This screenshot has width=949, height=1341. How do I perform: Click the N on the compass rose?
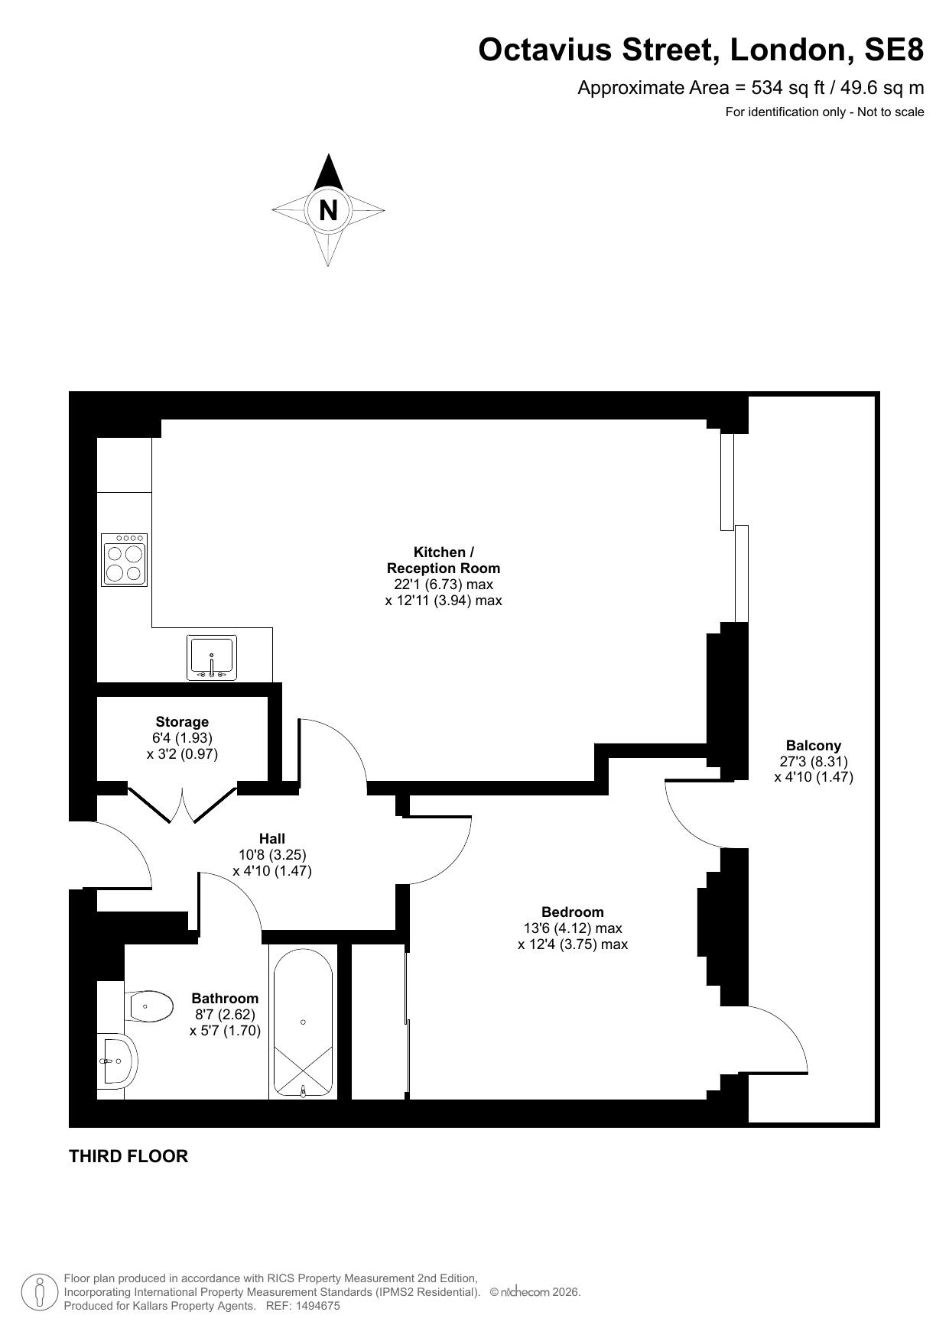pos(328,209)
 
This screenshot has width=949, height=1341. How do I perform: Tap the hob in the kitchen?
pos(124,560)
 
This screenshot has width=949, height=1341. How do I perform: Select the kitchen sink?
pos(212,657)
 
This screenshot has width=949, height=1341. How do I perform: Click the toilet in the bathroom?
pos(151,1006)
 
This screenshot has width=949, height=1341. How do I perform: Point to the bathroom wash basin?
pos(118,1061)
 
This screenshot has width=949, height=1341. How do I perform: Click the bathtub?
pos(303,1022)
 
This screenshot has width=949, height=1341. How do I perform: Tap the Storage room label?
pos(182,721)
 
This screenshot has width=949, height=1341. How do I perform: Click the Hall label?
pos(272,838)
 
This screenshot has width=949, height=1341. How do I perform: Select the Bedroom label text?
pos(573,912)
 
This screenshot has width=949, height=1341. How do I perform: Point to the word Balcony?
pos(814,745)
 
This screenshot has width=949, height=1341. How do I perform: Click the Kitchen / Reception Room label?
pos(444,560)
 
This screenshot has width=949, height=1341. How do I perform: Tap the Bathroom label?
pos(225,998)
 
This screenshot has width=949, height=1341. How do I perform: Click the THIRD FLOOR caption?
pos(128,1156)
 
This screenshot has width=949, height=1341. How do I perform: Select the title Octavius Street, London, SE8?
pos(701,50)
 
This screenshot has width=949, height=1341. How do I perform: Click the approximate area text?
pos(751,88)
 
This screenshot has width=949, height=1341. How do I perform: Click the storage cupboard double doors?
pos(182,804)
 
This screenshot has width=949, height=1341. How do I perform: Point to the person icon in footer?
pos(41,1292)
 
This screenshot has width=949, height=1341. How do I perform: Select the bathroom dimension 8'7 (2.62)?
pos(225,1014)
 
